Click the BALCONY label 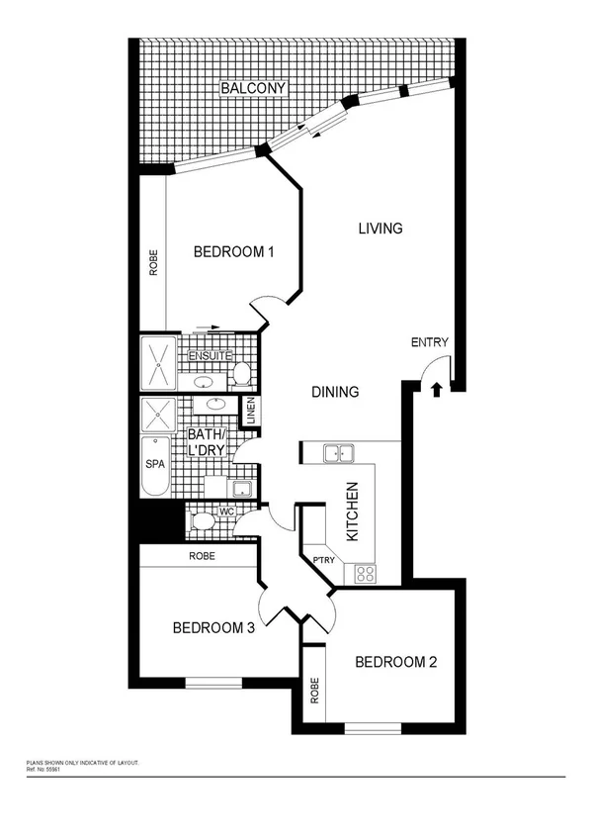click(x=253, y=89)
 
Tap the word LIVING click(x=380, y=229)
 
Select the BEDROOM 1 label click(x=233, y=252)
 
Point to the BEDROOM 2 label click(x=395, y=662)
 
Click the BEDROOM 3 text click(x=213, y=627)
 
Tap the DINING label click(x=335, y=392)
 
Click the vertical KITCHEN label click(x=351, y=512)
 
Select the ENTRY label click(x=430, y=343)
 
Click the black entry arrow click(x=436, y=390)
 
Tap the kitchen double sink click(x=340, y=453)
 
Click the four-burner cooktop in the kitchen click(x=365, y=572)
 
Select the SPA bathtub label click(x=155, y=463)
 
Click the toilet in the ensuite click(x=240, y=373)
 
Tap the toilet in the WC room click(x=203, y=520)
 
